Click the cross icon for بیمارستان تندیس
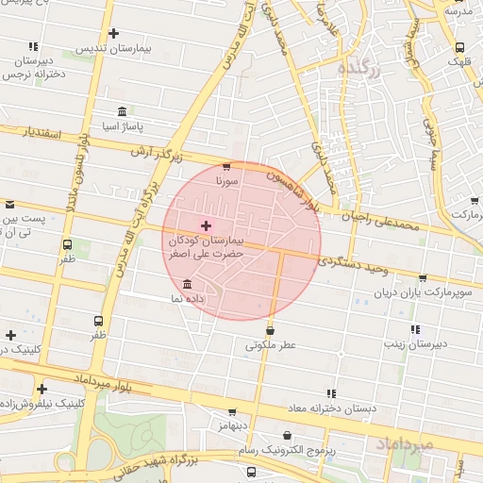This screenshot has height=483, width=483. point(114,34)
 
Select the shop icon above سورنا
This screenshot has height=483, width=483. point(226,166)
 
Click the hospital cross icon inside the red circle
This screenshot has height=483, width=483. point(207,225)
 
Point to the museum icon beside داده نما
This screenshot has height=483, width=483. point(187,285)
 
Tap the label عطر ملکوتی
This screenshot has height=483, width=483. point(271,345)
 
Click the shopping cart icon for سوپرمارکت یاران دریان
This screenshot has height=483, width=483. point(421,278)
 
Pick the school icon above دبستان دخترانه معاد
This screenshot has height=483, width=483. point(330,393)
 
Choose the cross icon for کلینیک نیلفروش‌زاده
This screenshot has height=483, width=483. point(42,389)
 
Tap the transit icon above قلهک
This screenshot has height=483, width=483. point(459,47)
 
